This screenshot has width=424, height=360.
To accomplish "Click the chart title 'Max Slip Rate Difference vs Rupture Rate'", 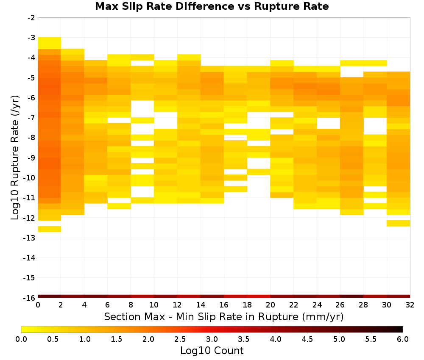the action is coord(212,6).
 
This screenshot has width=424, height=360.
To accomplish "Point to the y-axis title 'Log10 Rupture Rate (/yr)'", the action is coord(15,158).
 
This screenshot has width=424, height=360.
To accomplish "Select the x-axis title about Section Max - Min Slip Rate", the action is coord(223,316).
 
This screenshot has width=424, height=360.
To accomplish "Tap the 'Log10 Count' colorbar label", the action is coord(212,351).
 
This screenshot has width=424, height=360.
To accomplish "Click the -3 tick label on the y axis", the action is coord(31,38).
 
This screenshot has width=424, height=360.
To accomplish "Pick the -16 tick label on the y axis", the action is coord(29,298).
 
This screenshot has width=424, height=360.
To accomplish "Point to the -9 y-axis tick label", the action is coord(31,158).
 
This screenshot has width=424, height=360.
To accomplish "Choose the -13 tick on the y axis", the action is coord(29,238).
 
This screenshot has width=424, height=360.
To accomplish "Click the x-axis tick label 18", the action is coord(247,305).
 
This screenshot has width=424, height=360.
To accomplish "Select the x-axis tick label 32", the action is coord(410,305).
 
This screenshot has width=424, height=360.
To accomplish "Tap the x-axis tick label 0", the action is coord(38,305).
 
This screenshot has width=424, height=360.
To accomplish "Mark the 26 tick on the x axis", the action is coord(340,305).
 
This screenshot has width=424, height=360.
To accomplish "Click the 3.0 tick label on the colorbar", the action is coord(212,339).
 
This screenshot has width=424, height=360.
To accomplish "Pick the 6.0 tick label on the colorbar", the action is coord(403,339).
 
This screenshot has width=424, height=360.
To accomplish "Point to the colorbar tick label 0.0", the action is coord(21,339).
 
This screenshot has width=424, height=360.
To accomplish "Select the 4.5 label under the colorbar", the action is coord(307,339).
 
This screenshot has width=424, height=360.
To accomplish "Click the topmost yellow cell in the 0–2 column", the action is coord(50,43).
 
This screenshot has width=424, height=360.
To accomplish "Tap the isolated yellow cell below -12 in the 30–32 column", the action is coord(398,223).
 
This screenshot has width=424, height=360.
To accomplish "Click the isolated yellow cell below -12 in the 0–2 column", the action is coord(50,229).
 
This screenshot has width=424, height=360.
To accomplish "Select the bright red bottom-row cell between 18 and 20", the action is coord(259,296).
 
